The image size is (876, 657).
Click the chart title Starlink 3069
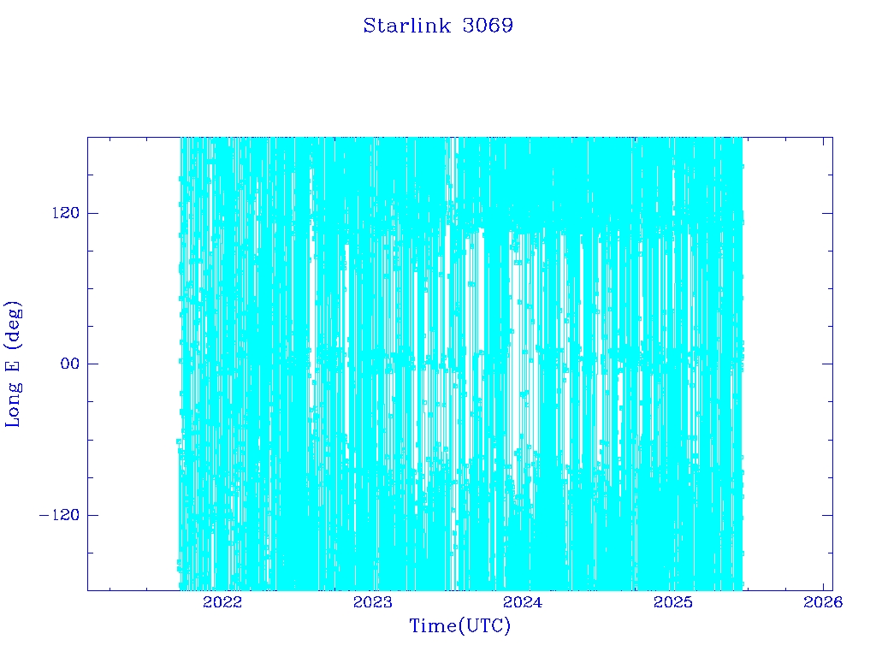point(438,26)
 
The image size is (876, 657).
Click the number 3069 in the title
point(488,26)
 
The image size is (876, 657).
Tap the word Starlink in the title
point(406,26)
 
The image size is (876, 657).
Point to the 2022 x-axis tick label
point(222,602)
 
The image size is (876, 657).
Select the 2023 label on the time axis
point(373,602)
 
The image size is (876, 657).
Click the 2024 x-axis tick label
point(523,602)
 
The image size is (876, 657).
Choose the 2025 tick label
point(673,602)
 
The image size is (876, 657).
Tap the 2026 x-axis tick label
point(823,602)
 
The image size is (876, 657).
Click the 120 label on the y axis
point(66,213)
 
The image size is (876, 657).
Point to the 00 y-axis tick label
point(70,364)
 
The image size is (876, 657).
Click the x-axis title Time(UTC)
point(459,626)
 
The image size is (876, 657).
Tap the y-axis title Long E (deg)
point(13,364)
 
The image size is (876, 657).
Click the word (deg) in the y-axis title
point(13,322)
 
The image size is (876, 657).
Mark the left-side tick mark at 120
point(92,213)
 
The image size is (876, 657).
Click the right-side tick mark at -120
point(827,515)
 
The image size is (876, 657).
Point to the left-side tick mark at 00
point(92,364)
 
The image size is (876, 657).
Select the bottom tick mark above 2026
point(823,585)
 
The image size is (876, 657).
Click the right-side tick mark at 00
point(827,364)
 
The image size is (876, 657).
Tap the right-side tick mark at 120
point(827,213)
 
